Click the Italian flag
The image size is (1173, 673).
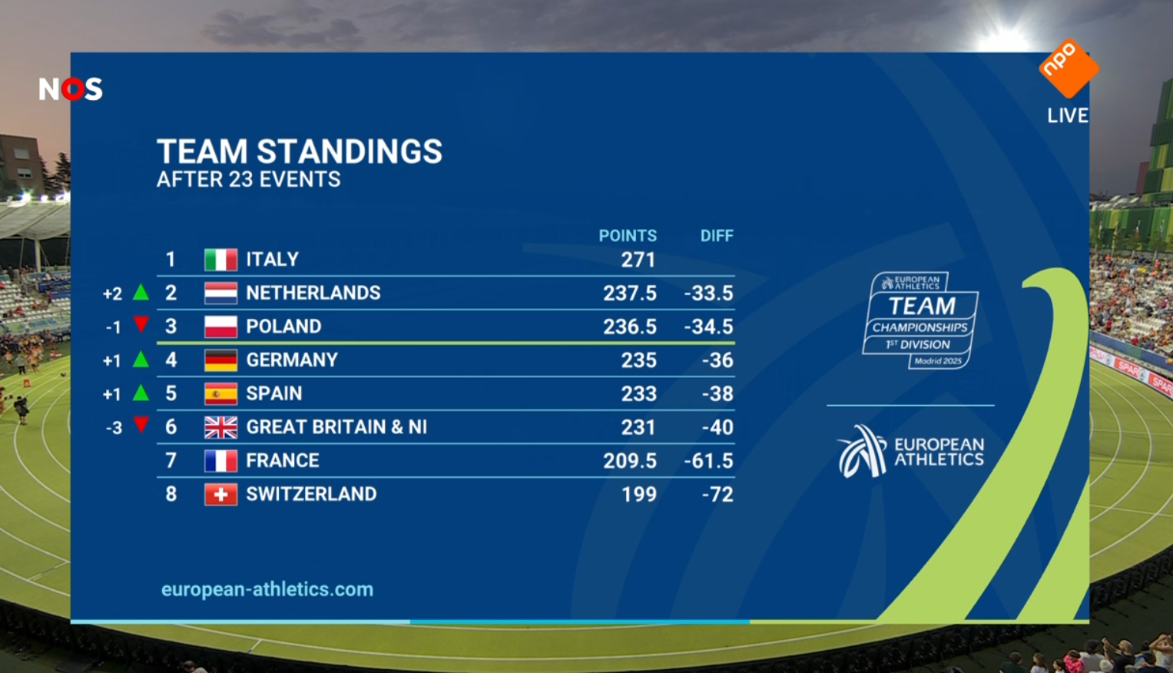(x=220, y=260)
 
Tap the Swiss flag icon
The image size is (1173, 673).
(x=220, y=495)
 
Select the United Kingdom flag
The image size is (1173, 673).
(x=220, y=427)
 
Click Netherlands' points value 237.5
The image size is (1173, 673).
(x=629, y=293)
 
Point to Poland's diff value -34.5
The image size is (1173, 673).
(x=708, y=327)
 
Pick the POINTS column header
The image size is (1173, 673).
(x=628, y=236)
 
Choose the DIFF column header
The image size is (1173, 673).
(x=717, y=236)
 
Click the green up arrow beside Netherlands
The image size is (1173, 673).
(x=141, y=292)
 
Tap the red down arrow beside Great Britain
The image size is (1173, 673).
(x=141, y=424)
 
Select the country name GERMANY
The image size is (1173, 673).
(x=292, y=360)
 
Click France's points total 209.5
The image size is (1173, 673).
(x=629, y=461)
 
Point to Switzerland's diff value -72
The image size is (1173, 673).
(x=717, y=495)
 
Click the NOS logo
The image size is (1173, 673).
(x=71, y=89)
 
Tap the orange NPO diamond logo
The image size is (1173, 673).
(x=1069, y=68)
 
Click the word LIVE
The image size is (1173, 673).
(x=1068, y=116)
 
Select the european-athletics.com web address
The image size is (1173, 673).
(x=267, y=590)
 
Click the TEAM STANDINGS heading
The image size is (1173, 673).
(x=300, y=151)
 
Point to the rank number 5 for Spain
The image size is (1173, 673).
(x=171, y=393)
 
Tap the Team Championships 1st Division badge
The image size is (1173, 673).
(x=920, y=320)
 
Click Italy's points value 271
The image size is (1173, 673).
(x=638, y=260)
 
